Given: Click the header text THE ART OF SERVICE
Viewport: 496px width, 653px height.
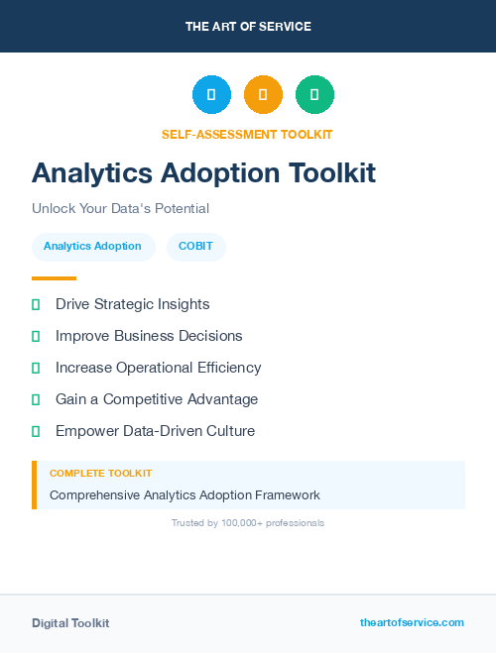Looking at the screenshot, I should point(248,27).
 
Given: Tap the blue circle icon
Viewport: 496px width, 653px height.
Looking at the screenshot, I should point(211,95).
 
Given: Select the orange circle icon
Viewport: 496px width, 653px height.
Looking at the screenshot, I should point(263,95).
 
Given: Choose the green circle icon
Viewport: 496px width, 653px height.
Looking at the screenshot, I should point(314,95).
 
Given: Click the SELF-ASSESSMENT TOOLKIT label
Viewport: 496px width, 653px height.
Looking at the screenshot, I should point(247,134).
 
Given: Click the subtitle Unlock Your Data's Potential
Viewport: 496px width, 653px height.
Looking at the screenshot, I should point(120,208).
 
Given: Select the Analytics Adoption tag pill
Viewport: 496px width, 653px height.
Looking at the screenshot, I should point(92,246).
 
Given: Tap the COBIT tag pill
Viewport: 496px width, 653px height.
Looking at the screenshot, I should point(195,246).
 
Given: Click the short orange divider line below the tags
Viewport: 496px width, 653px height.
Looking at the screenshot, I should point(54,278).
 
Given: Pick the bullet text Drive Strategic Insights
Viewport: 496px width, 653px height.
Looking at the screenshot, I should point(132,304).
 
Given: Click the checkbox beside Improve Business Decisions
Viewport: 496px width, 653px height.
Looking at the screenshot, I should point(36,336).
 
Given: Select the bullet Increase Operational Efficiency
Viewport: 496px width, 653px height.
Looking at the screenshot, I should point(158,368).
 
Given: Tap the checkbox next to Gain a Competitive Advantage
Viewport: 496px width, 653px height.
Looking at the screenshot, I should point(36,399).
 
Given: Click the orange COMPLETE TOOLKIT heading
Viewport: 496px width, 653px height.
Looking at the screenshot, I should point(100,474).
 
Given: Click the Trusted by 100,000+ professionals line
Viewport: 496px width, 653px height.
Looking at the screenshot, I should point(247,522).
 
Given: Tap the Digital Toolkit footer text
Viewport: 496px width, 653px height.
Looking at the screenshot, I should point(70,622).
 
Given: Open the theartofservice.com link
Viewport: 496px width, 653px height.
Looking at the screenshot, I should point(412,622).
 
